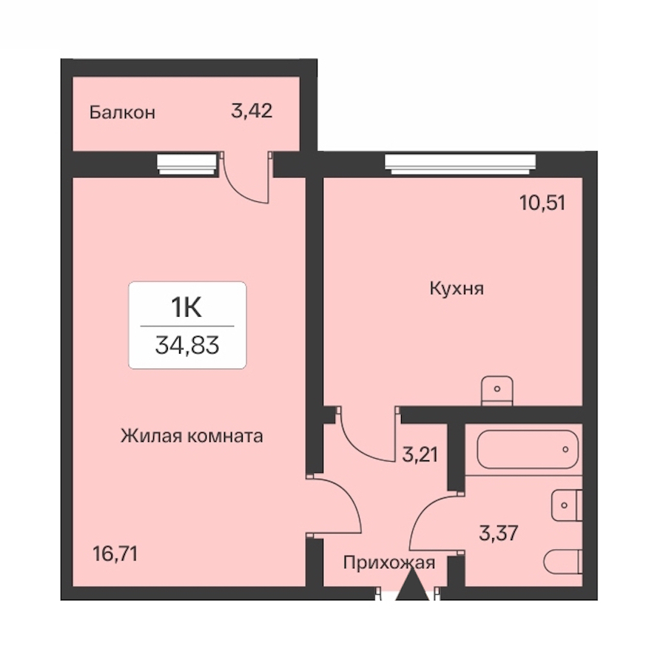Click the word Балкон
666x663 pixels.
pyautogui.click(x=122, y=112)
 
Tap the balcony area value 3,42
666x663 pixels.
pyautogui.click(x=252, y=111)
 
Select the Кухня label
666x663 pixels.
pyautogui.click(x=457, y=289)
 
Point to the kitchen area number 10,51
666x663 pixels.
pyautogui.click(x=542, y=203)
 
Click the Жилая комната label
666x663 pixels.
pyautogui.click(x=192, y=436)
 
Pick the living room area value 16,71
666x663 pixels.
pyautogui.click(x=115, y=553)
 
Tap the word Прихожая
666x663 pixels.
pyautogui.click(x=389, y=563)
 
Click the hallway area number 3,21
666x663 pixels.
pyautogui.click(x=420, y=454)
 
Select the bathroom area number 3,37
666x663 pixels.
pyautogui.click(x=498, y=533)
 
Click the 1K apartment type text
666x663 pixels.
pyautogui.click(x=186, y=308)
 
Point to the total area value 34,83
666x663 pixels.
pyautogui.click(x=187, y=345)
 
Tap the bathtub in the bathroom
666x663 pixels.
pyautogui.click(x=528, y=449)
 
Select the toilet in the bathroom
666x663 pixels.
pyautogui.click(x=563, y=562)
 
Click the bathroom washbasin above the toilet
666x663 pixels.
pyautogui.click(x=567, y=505)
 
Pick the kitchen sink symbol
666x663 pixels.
pyautogui.click(x=497, y=390)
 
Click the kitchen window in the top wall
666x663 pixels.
pyautogui.click(x=460, y=164)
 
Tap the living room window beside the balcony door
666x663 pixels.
pyautogui.click(x=187, y=164)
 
